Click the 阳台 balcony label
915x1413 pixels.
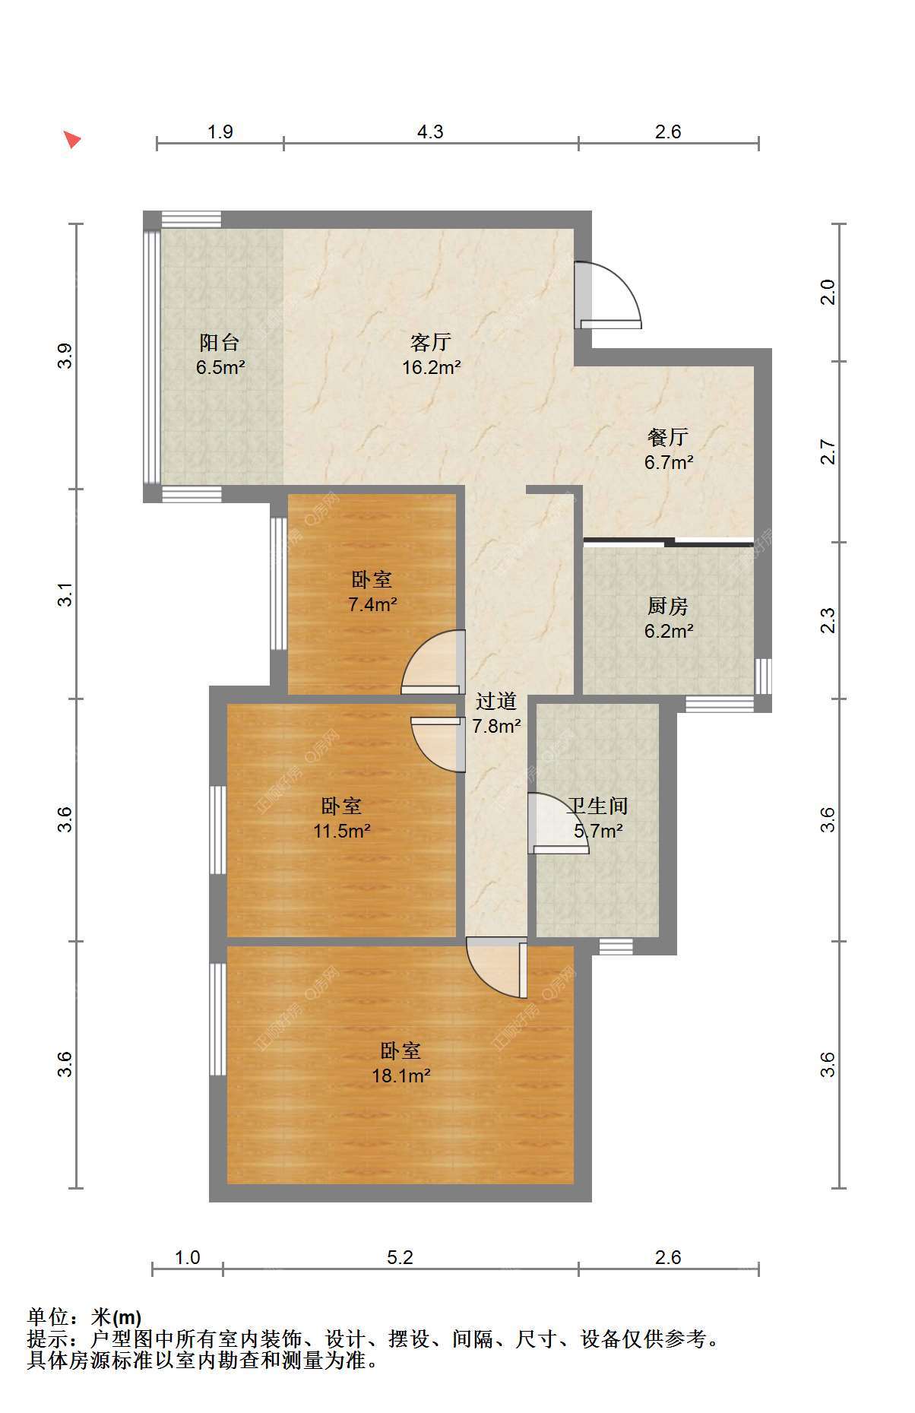(220, 342)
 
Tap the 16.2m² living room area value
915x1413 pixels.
(432, 368)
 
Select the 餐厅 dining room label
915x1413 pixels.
(668, 437)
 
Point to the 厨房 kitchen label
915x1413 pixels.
(668, 606)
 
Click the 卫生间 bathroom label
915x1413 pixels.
(598, 806)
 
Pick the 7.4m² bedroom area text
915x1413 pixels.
(372, 605)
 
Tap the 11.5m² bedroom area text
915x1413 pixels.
(342, 831)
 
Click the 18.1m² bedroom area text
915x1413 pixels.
(401, 1076)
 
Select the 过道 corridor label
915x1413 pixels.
(496, 701)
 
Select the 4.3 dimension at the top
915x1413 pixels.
(430, 131)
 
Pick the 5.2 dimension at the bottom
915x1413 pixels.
(400, 1258)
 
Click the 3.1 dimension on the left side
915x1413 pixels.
(66, 594)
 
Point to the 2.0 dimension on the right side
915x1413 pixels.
(828, 293)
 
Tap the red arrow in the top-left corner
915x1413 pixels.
(71, 139)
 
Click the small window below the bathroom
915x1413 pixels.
(616, 946)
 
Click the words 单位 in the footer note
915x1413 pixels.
(47, 1317)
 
